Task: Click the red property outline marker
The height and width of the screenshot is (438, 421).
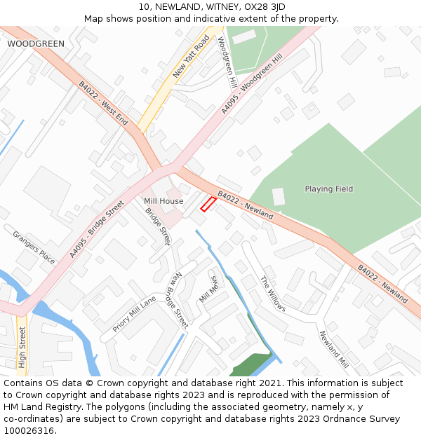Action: [208, 204]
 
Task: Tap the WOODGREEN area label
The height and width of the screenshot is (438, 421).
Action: [36, 43]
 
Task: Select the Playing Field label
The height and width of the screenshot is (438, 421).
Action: [328, 189]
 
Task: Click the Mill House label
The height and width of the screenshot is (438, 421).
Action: [163, 201]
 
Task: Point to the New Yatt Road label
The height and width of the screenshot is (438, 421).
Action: [191, 56]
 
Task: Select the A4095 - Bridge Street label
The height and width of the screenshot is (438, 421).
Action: [96, 229]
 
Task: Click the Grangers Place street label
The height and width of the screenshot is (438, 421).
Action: [34, 247]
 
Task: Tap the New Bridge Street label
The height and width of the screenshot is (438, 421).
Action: [180, 299]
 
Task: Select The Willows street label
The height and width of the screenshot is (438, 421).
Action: [273, 293]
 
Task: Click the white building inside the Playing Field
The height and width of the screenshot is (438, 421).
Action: [279, 197]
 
